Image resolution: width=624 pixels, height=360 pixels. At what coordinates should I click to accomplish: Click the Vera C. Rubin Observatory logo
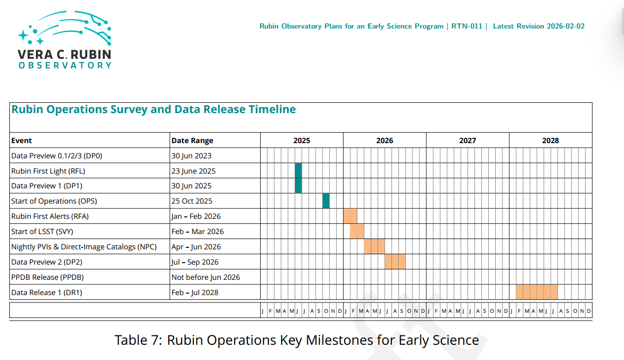tap(64, 39)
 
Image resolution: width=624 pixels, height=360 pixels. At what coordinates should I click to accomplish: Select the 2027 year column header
tap(468, 141)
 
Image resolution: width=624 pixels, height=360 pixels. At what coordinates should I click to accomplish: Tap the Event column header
tap(22, 141)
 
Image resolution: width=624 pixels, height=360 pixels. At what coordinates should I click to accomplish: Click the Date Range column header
tap(192, 141)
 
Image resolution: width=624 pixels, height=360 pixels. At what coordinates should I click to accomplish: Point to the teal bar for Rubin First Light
tap(298, 171)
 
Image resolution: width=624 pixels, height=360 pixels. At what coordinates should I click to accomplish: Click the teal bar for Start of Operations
tap(326, 201)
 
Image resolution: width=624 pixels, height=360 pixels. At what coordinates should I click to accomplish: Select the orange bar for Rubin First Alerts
tap(350, 216)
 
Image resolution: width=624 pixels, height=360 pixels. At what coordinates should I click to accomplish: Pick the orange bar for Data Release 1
tap(537, 292)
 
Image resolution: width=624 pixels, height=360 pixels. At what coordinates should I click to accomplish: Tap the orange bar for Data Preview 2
tap(395, 262)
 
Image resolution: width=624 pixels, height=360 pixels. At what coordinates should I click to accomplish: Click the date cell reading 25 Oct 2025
tap(192, 201)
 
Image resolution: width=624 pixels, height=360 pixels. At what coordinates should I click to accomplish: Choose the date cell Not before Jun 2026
tap(206, 277)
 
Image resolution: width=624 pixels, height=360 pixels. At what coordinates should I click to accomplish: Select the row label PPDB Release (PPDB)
tap(47, 277)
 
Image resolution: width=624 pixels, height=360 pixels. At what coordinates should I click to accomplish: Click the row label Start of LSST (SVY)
tap(42, 232)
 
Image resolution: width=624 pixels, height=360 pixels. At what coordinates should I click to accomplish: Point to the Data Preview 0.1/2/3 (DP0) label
tap(57, 156)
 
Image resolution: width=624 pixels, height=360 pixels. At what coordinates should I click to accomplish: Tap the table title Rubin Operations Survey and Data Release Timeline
tap(153, 110)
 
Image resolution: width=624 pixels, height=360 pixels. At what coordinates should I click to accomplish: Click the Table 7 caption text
tap(297, 340)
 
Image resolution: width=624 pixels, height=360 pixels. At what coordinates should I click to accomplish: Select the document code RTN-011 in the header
tap(467, 26)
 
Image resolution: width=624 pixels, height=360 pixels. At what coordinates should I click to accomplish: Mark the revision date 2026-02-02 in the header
tap(565, 26)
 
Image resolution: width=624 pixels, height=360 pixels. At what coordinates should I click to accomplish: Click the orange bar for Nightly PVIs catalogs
tap(374, 246)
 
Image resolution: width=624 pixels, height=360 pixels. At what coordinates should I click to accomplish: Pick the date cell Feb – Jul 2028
tap(195, 293)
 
